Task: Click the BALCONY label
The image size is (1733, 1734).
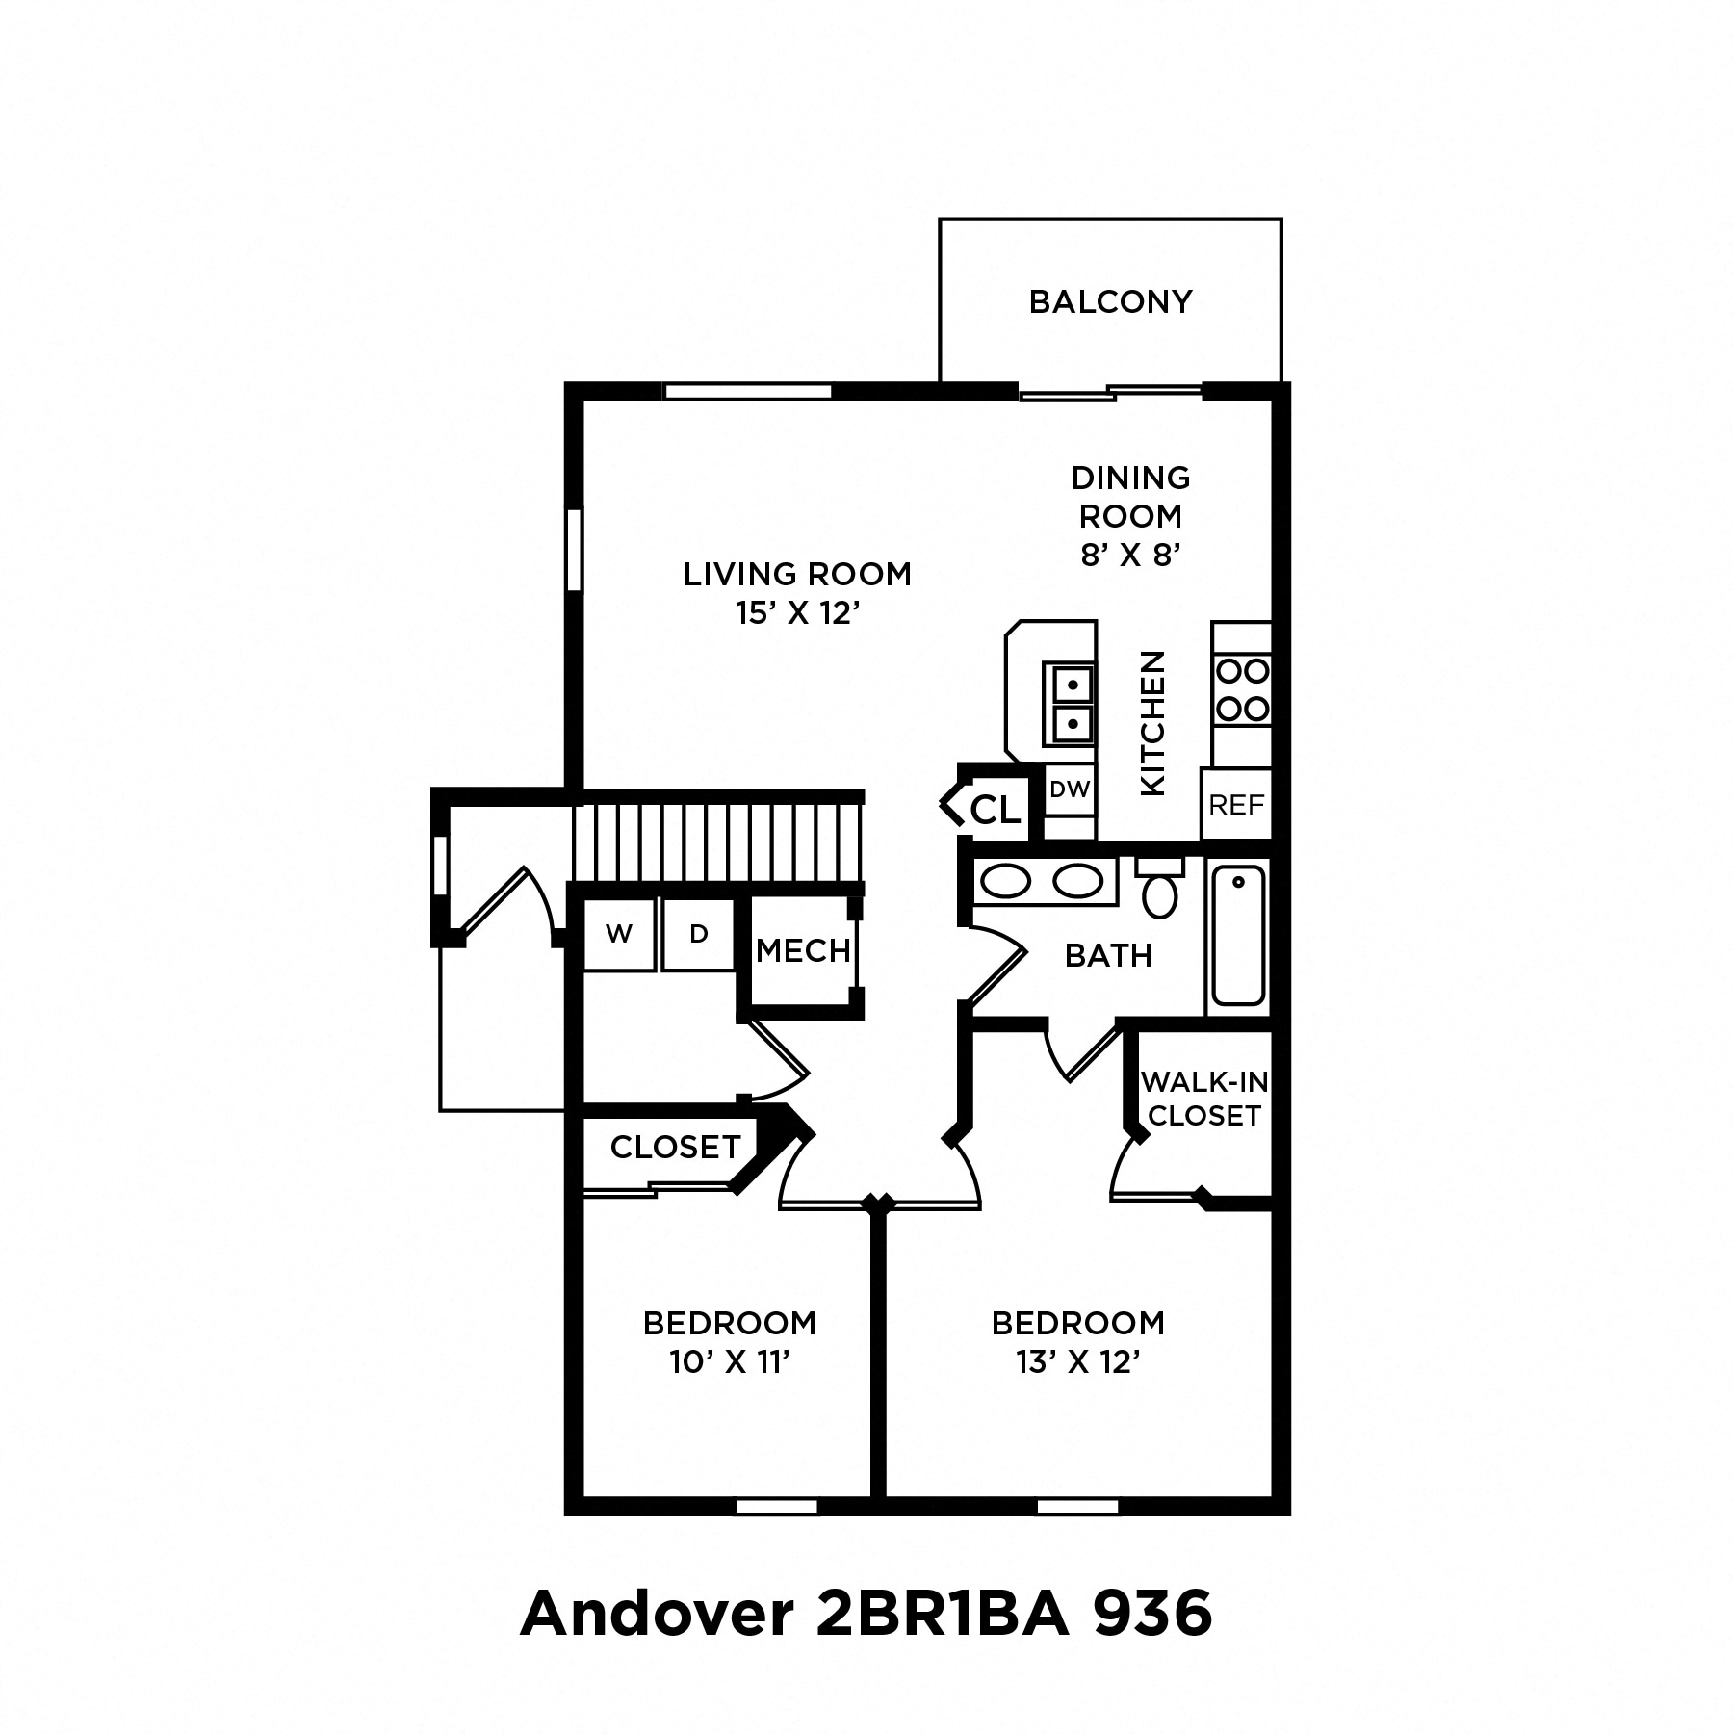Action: pos(1110,302)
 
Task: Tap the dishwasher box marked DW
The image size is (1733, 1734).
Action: pos(1070,790)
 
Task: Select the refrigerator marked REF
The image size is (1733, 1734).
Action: pos(1236,804)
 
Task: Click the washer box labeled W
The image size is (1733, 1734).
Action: pos(619,934)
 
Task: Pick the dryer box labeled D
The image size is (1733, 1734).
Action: pos(699,934)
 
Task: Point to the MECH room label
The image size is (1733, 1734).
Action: pos(803,951)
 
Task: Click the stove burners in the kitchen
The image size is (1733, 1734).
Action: pos(1242,690)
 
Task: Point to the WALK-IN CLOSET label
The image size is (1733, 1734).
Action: pos(1204,1099)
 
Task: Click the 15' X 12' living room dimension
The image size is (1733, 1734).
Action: pos(796,613)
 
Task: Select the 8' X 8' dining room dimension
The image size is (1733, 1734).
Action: pos(1130,555)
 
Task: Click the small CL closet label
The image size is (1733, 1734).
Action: pos(995,810)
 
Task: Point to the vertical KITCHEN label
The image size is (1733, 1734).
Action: pos(1152,724)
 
